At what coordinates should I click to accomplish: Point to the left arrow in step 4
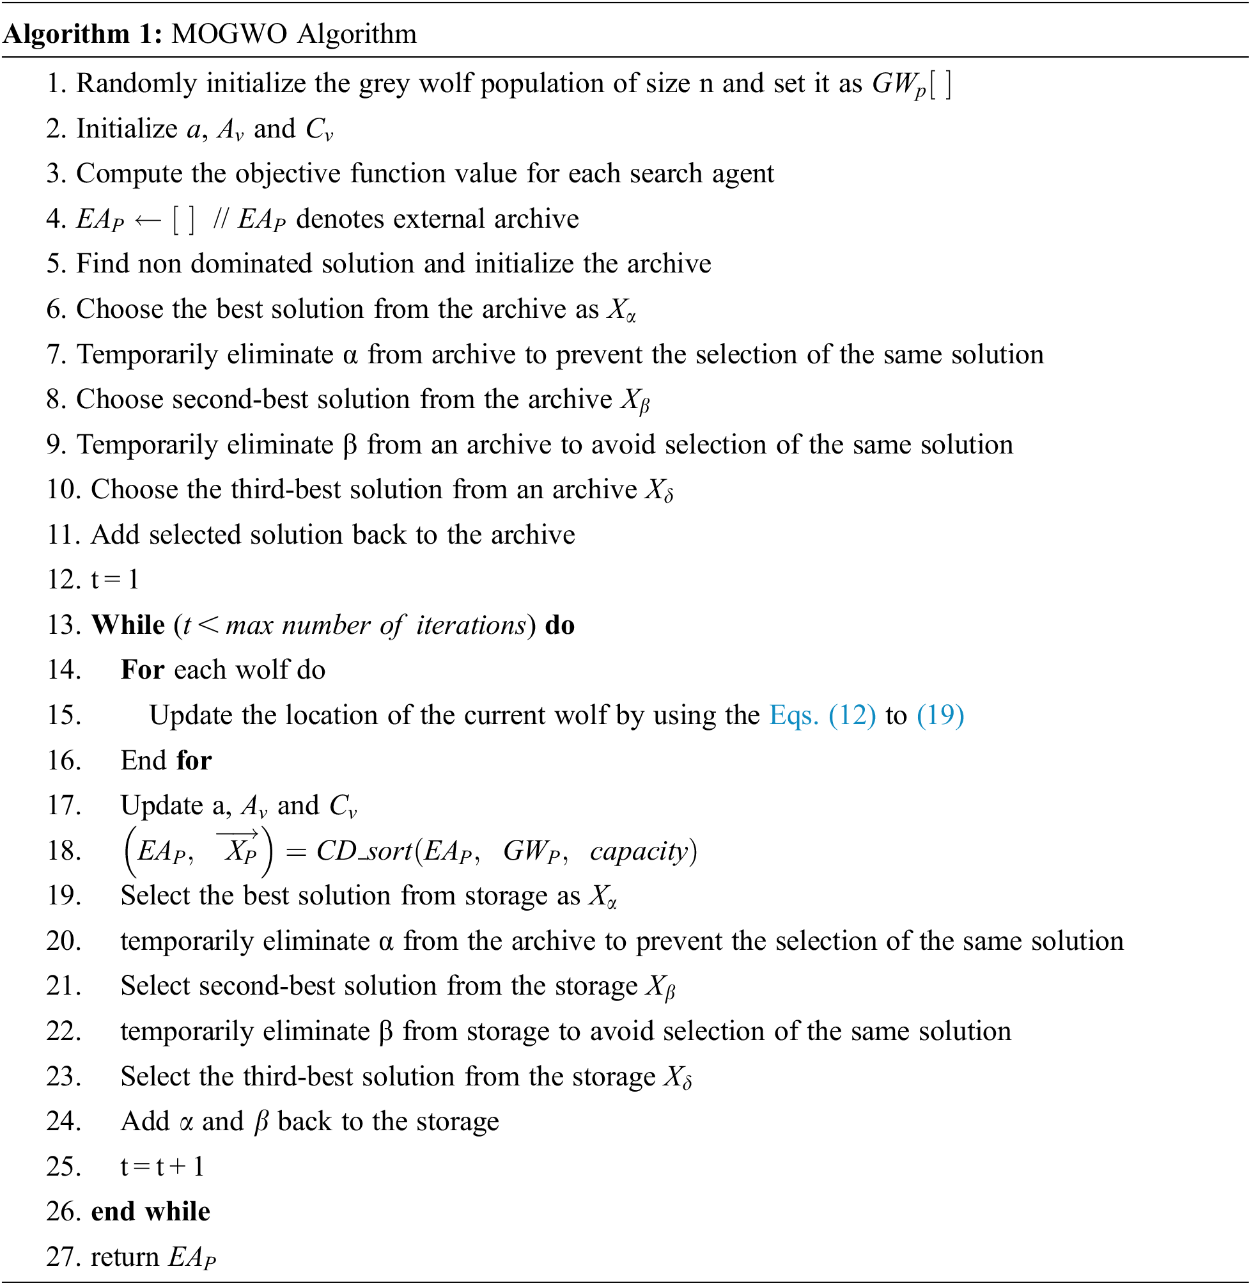coord(148,219)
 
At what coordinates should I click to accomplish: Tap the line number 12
coord(63,579)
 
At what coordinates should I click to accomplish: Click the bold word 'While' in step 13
coord(128,625)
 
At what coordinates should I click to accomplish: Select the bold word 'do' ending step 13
coord(560,625)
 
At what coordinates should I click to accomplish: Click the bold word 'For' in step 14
coord(142,670)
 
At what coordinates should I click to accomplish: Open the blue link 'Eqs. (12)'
coord(822,715)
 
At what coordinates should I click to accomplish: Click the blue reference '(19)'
coord(940,715)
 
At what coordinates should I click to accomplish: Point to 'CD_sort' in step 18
coord(363,851)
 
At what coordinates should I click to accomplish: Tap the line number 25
coord(63,1167)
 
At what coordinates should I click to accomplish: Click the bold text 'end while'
coord(150,1212)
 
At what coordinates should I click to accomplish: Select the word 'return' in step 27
coord(125,1257)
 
